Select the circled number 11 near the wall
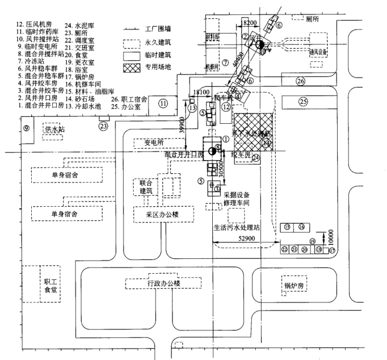coord(163,103)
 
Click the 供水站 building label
coord(54,129)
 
